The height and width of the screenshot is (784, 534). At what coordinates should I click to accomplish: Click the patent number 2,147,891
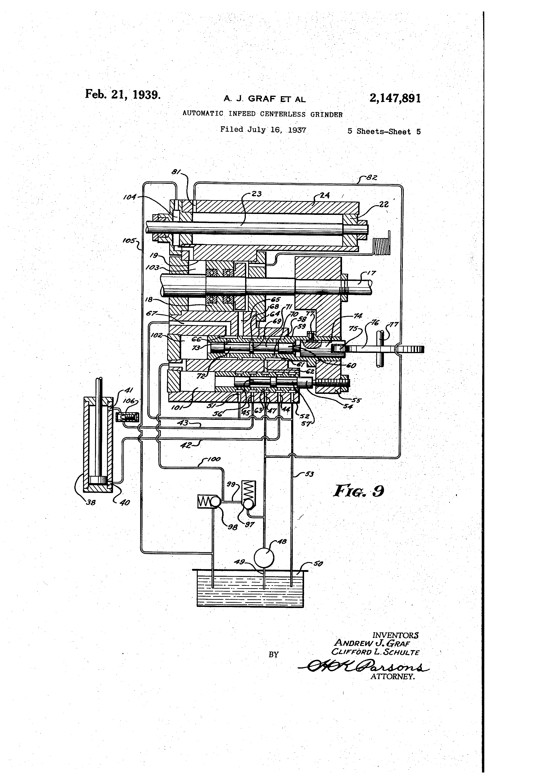[395, 98]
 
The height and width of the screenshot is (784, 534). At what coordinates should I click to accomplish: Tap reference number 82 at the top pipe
[371, 177]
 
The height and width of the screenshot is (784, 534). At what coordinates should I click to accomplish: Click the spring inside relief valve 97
[250, 490]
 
